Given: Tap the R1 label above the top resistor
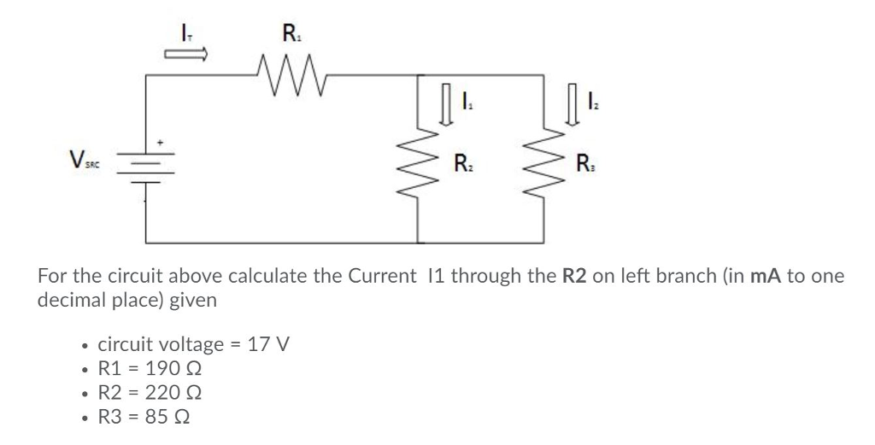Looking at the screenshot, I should (291, 36).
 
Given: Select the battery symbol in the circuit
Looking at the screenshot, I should (144, 172).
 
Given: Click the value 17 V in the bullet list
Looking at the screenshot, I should (268, 346).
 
